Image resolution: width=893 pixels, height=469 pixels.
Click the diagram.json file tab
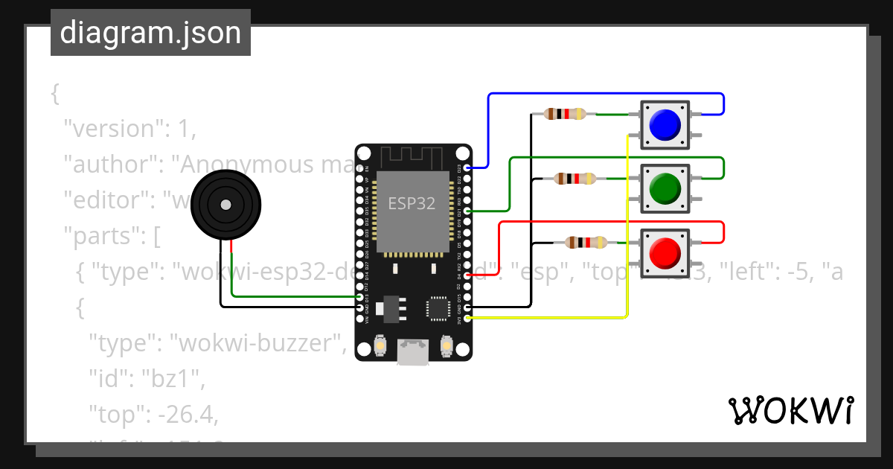pyautogui.click(x=150, y=33)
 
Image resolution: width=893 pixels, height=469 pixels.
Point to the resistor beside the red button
pyautogui.click(x=586, y=242)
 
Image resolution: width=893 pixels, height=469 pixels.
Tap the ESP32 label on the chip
pyautogui.click(x=412, y=202)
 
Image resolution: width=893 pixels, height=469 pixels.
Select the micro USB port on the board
pyautogui.click(x=413, y=353)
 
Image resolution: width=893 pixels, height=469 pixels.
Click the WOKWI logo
pyautogui.click(x=790, y=411)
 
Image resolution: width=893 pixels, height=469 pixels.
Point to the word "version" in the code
pyautogui.click(x=114, y=129)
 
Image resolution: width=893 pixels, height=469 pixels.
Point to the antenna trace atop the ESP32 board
pyautogui.click(x=412, y=157)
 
